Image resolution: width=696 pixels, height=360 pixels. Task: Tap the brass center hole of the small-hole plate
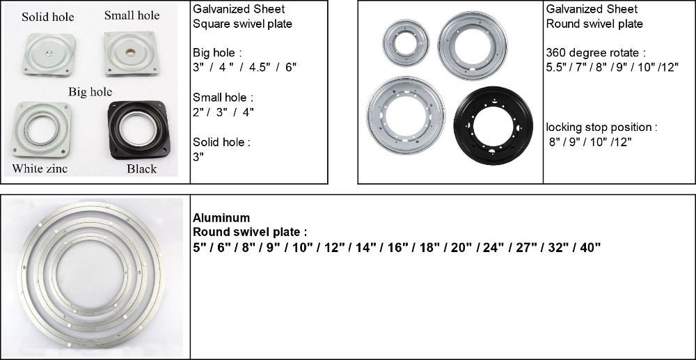[x=132, y=52]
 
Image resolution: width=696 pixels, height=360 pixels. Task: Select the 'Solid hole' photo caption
[x=48, y=17]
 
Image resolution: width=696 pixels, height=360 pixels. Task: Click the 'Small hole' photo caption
[x=132, y=15]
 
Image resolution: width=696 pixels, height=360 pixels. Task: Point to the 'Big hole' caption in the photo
[x=90, y=92]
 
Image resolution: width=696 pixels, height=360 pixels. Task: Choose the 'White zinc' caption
[x=40, y=169]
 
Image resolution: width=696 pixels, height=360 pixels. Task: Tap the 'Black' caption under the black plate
[x=141, y=169]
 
